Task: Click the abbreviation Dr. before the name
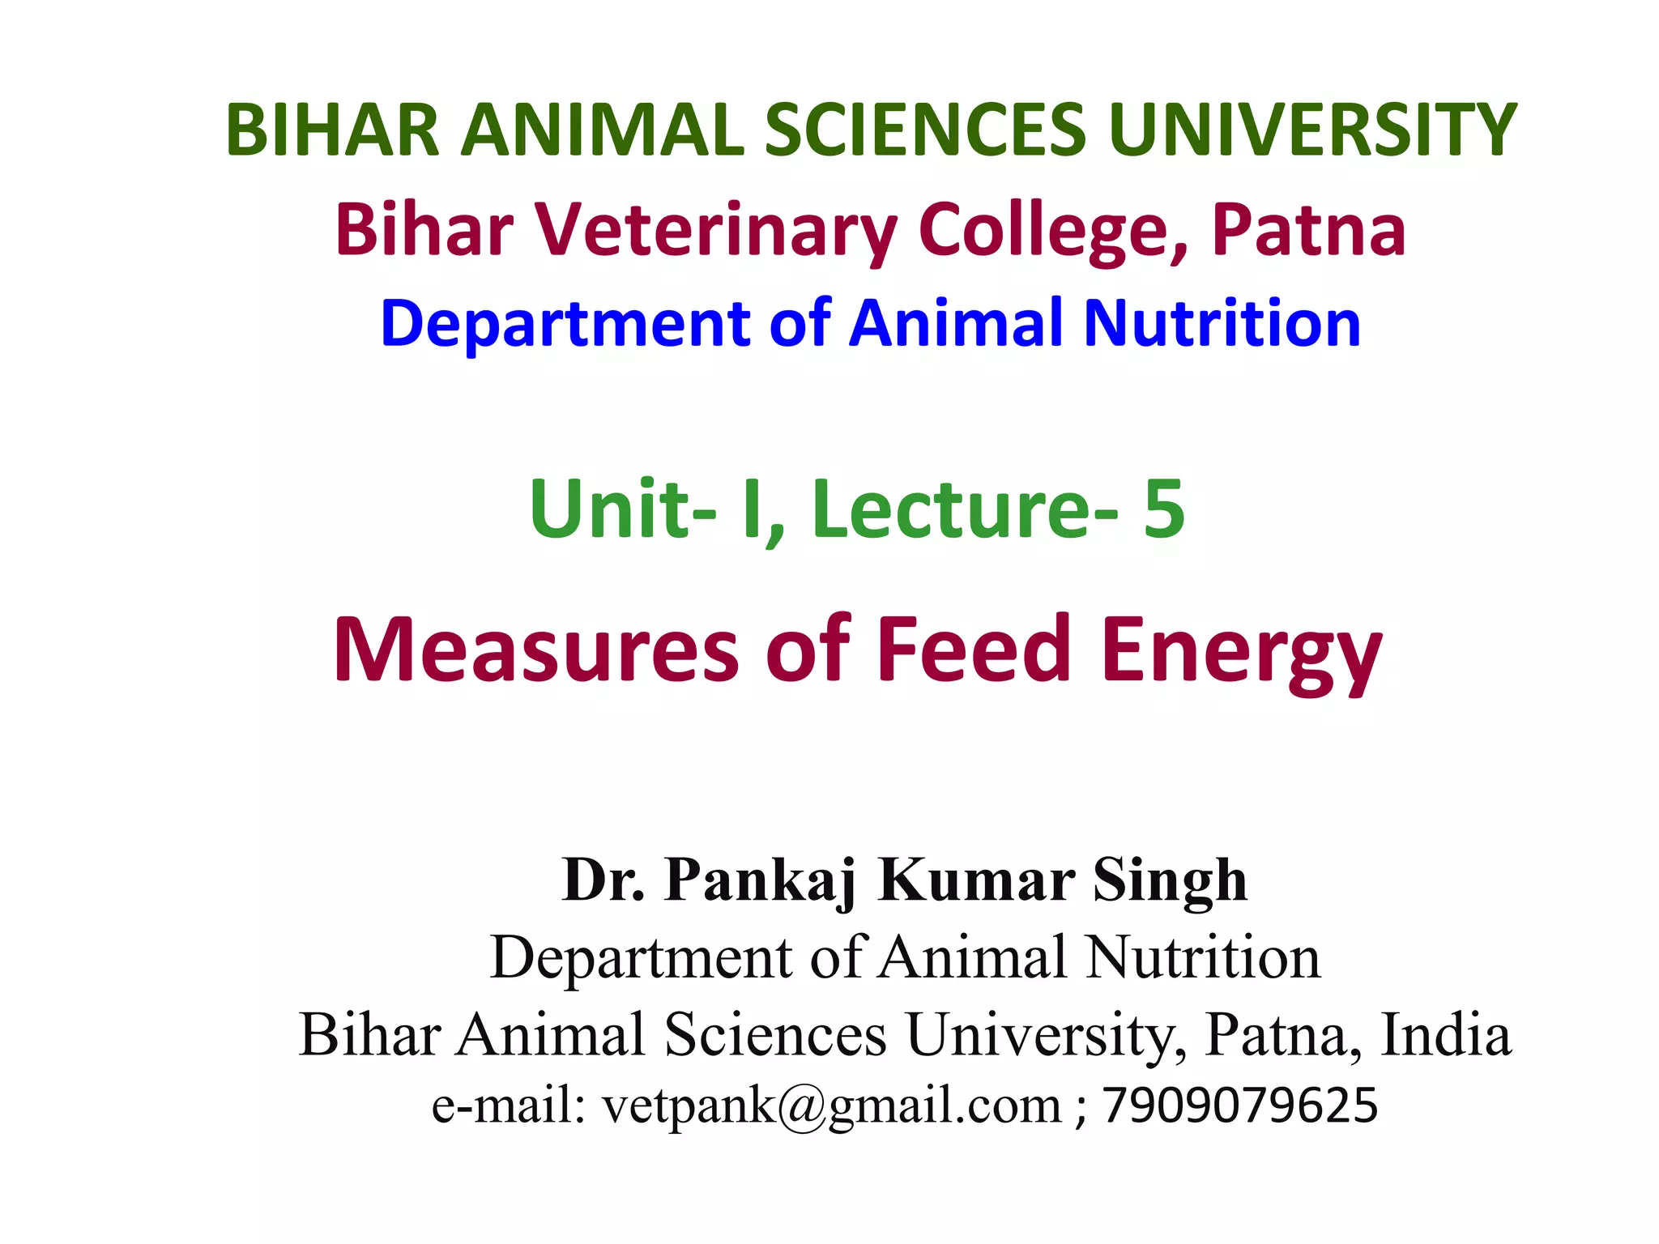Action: point(603,880)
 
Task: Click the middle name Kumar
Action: point(977,880)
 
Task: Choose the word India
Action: point(1445,1035)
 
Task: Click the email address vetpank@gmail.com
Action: point(831,1106)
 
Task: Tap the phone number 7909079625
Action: point(1239,1106)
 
